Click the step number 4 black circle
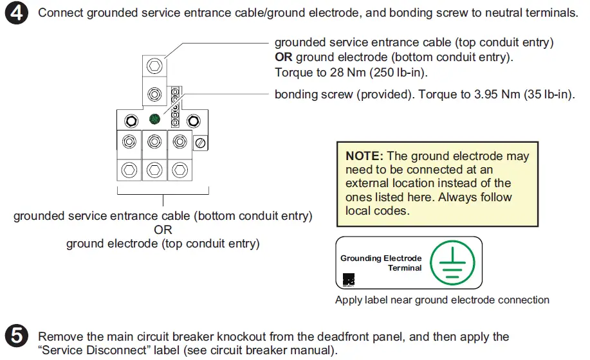tap(17, 14)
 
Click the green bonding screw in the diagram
tap(154, 119)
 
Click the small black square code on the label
tap(347, 279)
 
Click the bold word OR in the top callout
tap(284, 57)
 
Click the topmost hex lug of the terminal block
tap(154, 66)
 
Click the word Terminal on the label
tap(404, 268)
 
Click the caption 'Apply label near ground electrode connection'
tap(442, 300)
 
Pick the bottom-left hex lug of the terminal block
tap(129, 169)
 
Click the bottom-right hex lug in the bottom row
tap(180, 169)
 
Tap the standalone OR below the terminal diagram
tap(162, 230)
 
